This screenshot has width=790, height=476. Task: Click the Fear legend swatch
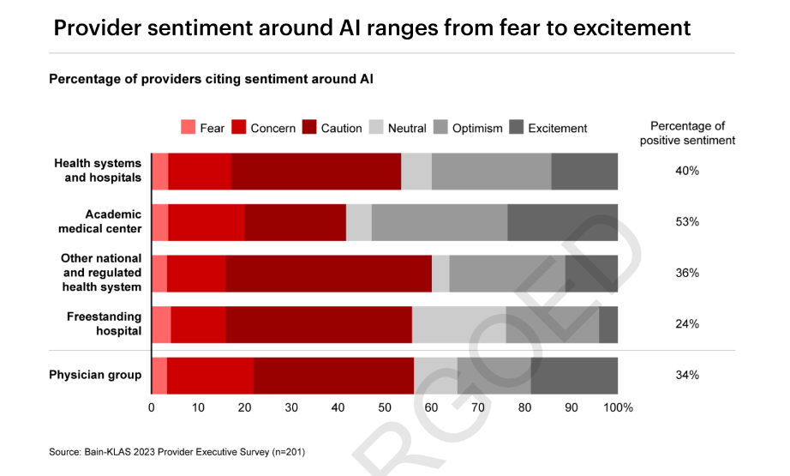188,128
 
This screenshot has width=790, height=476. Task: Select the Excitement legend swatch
516,128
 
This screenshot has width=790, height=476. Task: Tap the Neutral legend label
406,129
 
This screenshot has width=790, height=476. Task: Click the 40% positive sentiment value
687,171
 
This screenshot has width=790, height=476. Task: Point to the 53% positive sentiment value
687,221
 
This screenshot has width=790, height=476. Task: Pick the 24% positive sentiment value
687,324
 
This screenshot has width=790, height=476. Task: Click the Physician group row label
95,375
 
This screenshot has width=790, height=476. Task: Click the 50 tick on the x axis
385,407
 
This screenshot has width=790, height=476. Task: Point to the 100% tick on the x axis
619,407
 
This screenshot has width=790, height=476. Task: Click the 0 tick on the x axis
152,407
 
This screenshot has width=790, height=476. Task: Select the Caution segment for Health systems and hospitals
316,171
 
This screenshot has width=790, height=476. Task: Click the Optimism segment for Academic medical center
440,222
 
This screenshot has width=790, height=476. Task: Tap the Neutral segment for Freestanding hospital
458,324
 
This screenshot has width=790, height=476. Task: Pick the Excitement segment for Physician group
574,375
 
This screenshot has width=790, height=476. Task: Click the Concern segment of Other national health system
196,273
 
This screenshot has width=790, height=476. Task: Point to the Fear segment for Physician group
159,375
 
